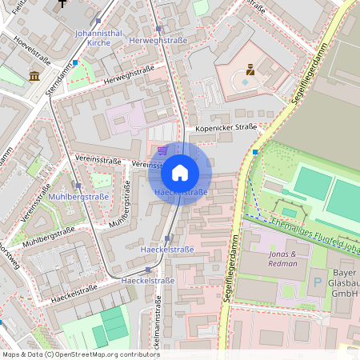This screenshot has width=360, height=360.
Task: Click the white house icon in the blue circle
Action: tap(180, 173)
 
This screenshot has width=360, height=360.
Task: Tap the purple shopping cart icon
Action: tap(162, 150)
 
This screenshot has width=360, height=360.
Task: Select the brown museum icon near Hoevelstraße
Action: tap(34, 76)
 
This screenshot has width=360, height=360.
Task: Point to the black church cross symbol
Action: tap(62, 4)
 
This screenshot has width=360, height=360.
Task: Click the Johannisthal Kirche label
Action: tap(98, 37)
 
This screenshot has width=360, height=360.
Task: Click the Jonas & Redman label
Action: tap(282, 258)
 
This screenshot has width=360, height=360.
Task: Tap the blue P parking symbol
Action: tap(318, 282)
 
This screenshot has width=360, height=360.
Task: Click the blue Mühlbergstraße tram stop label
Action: tap(78, 196)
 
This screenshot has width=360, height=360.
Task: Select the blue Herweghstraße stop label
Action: tap(158, 40)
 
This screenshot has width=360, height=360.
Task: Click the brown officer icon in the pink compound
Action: tap(250, 70)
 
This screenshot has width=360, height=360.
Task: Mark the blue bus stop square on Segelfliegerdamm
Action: tap(255, 151)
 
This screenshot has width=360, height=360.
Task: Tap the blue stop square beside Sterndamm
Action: tap(75, 62)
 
